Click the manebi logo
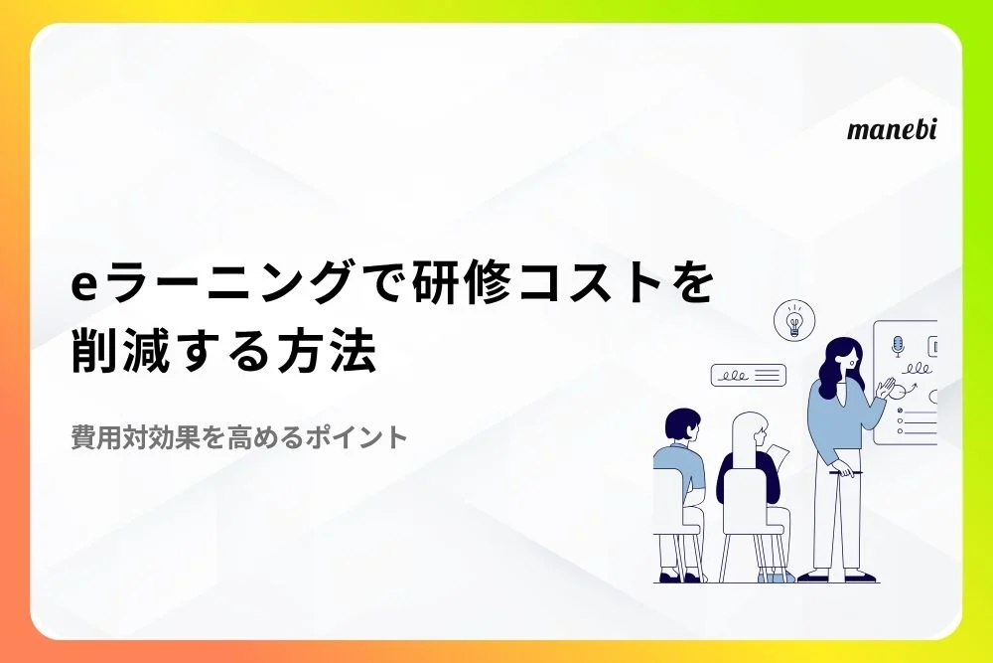click(x=892, y=129)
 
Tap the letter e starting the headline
click(x=83, y=286)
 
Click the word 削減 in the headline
click(x=120, y=351)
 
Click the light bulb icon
click(x=794, y=320)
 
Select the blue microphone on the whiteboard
click(x=898, y=347)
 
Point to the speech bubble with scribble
click(x=748, y=375)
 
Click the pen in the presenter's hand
click(x=846, y=472)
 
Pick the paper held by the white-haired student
click(x=779, y=456)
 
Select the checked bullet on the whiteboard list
click(x=900, y=411)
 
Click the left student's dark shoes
click(x=681, y=577)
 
